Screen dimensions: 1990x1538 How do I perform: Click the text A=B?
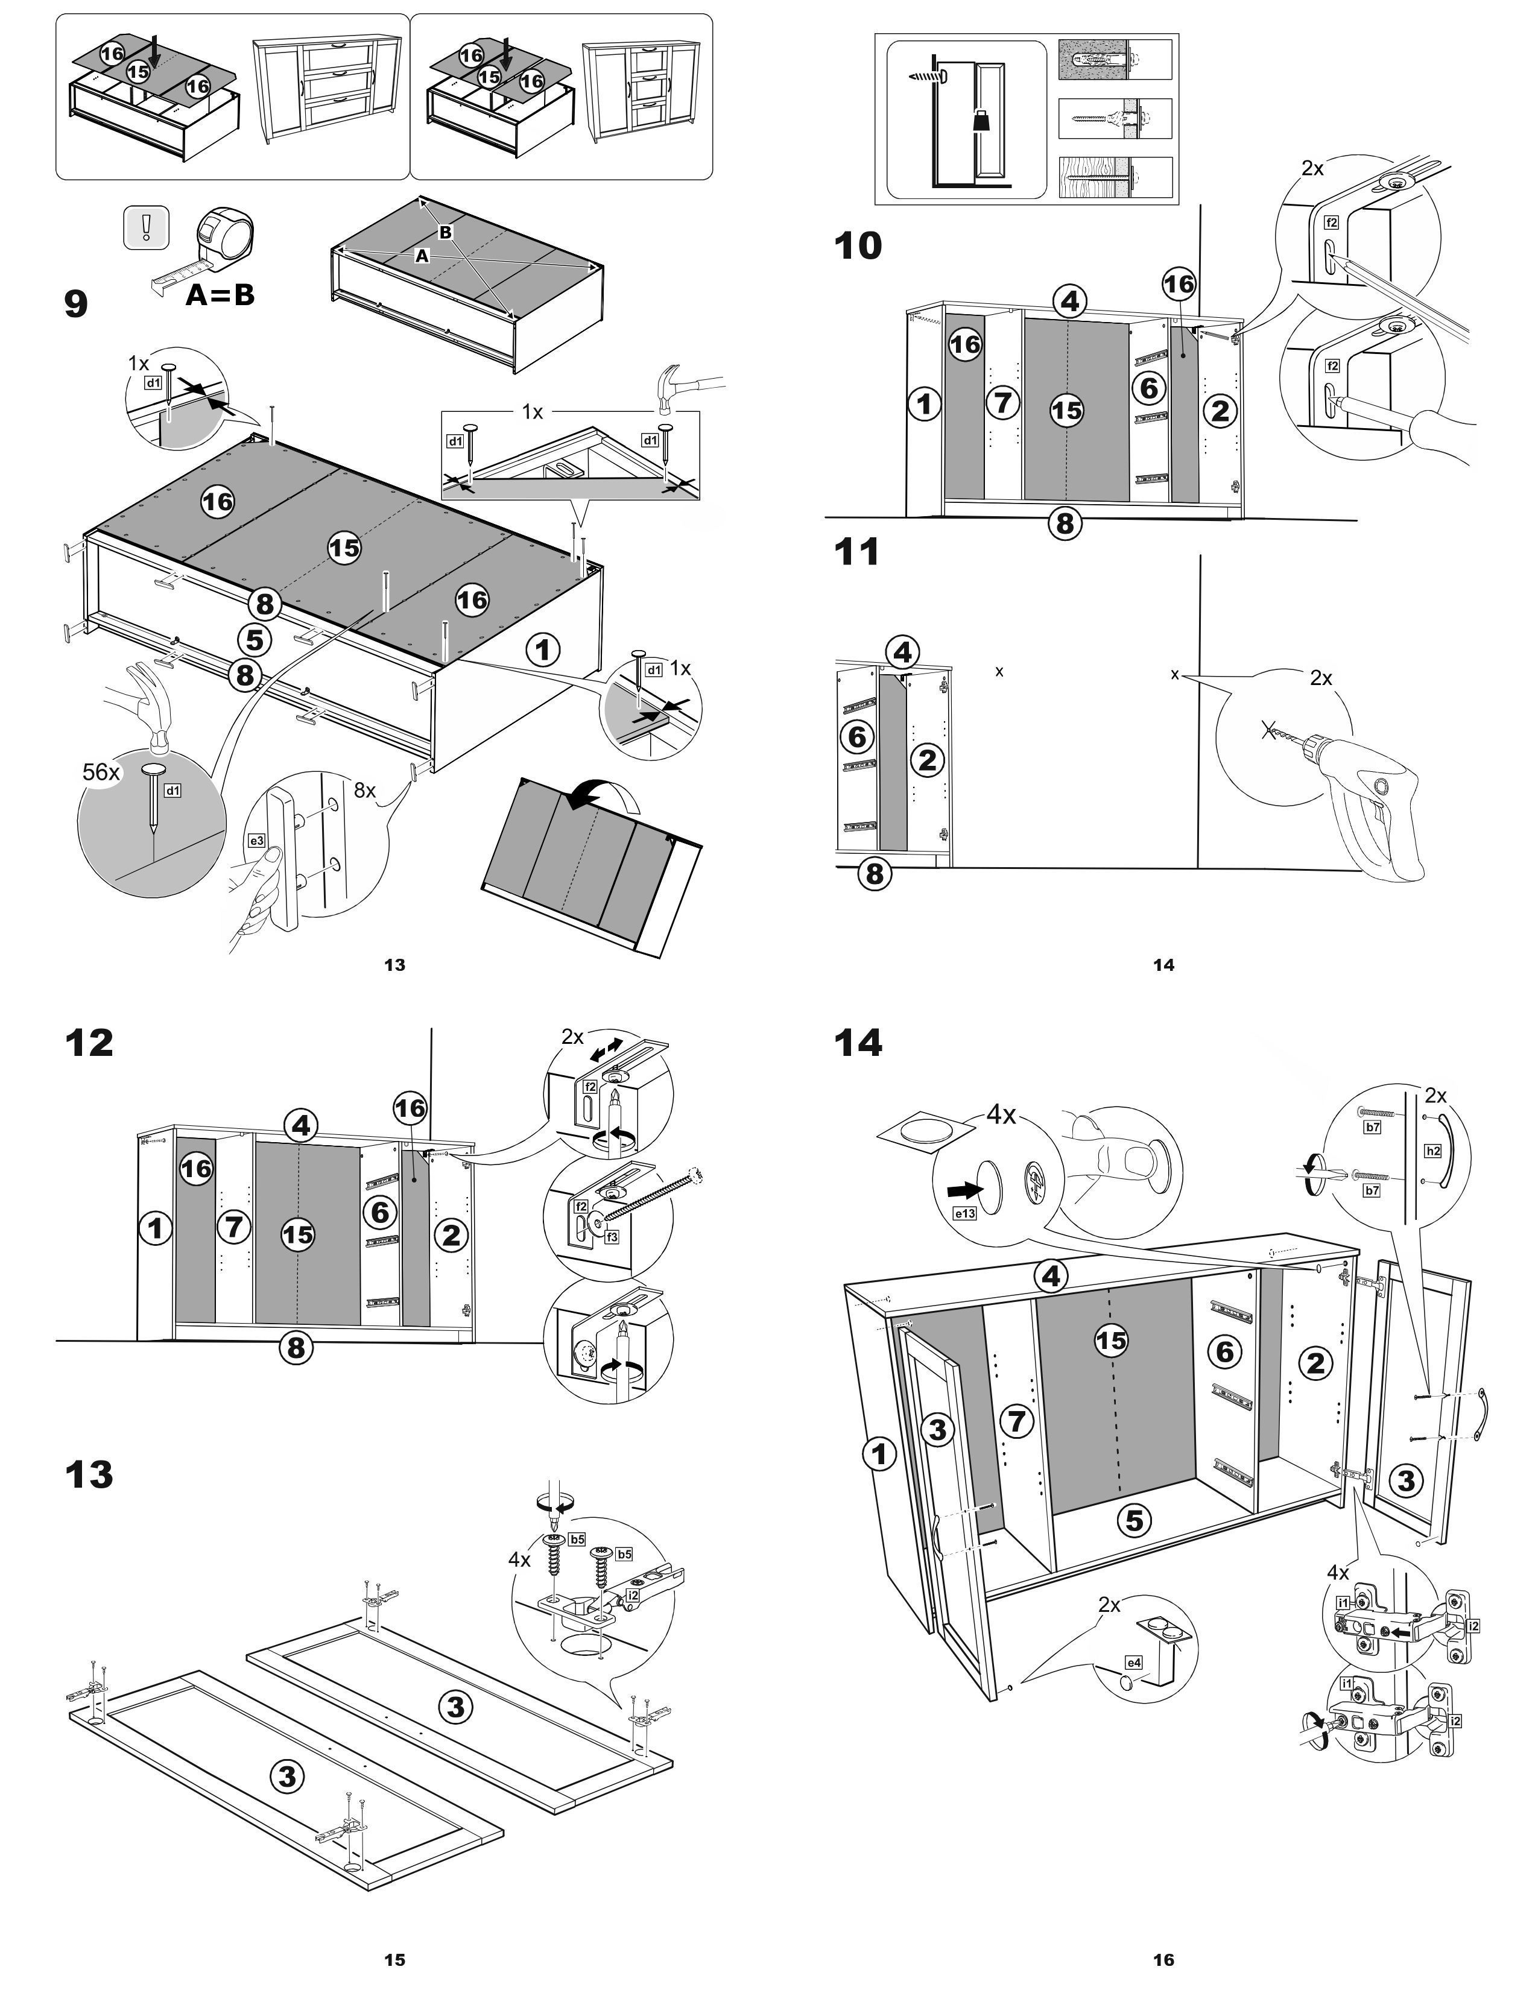point(220,294)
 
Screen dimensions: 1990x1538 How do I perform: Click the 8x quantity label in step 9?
point(364,790)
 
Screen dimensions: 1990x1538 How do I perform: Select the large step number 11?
point(856,552)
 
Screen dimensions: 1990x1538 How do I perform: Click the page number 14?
point(1163,965)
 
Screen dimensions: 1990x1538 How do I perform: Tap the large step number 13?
point(89,1473)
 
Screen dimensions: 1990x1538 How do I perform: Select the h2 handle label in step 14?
point(1433,1151)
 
